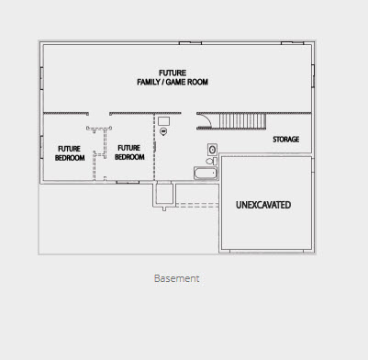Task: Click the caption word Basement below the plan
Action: pyautogui.click(x=177, y=278)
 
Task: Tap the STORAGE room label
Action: pyautogui.click(x=286, y=140)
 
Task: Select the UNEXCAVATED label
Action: pyautogui.click(x=263, y=205)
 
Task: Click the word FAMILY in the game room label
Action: pyautogui.click(x=149, y=82)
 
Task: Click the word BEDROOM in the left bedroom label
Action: pyautogui.click(x=70, y=158)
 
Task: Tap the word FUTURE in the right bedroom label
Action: pyautogui.click(x=129, y=148)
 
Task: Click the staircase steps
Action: pyautogui.click(x=242, y=121)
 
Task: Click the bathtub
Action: pyautogui.click(x=206, y=174)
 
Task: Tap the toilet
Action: pyautogui.click(x=211, y=161)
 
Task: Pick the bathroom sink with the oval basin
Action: pyautogui.click(x=212, y=150)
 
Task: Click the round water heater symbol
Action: pyautogui.click(x=163, y=131)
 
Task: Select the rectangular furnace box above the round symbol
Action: pyautogui.click(x=164, y=121)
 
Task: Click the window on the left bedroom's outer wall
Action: pyautogui.click(x=41, y=147)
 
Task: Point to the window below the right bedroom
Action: pyautogui.click(x=128, y=182)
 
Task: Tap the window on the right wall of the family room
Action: pyautogui.click(x=313, y=76)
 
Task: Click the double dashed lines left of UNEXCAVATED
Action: pyautogui.click(x=197, y=205)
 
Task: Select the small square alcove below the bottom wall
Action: pyautogui.click(x=164, y=194)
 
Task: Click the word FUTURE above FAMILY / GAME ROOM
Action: pyautogui.click(x=173, y=73)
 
